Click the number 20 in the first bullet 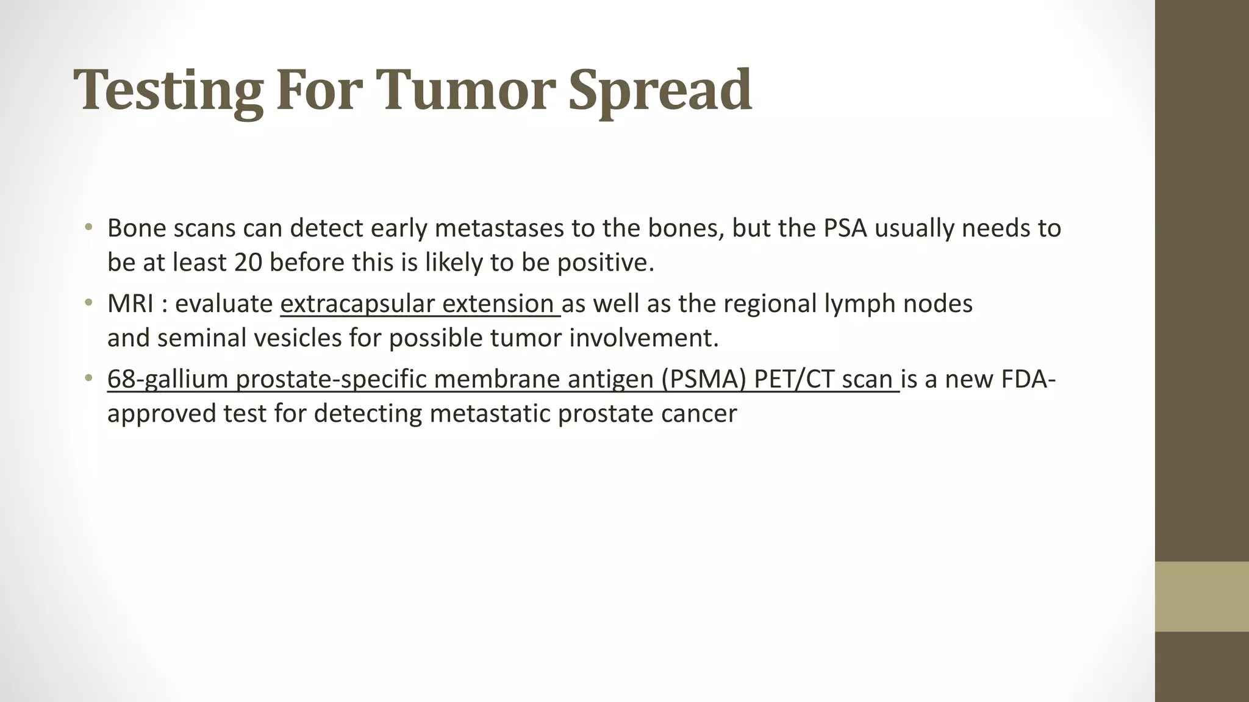pyautogui.click(x=248, y=263)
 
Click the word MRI pyautogui.click(x=130, y=303)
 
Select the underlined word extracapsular pyautogui.click(x=357, y=303)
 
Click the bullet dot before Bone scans pyautogui.click(x=89, y=229)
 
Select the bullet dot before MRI pyautogui.click(x=89, y=303)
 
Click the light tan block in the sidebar pyautogui.click(x=1201, y=597)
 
